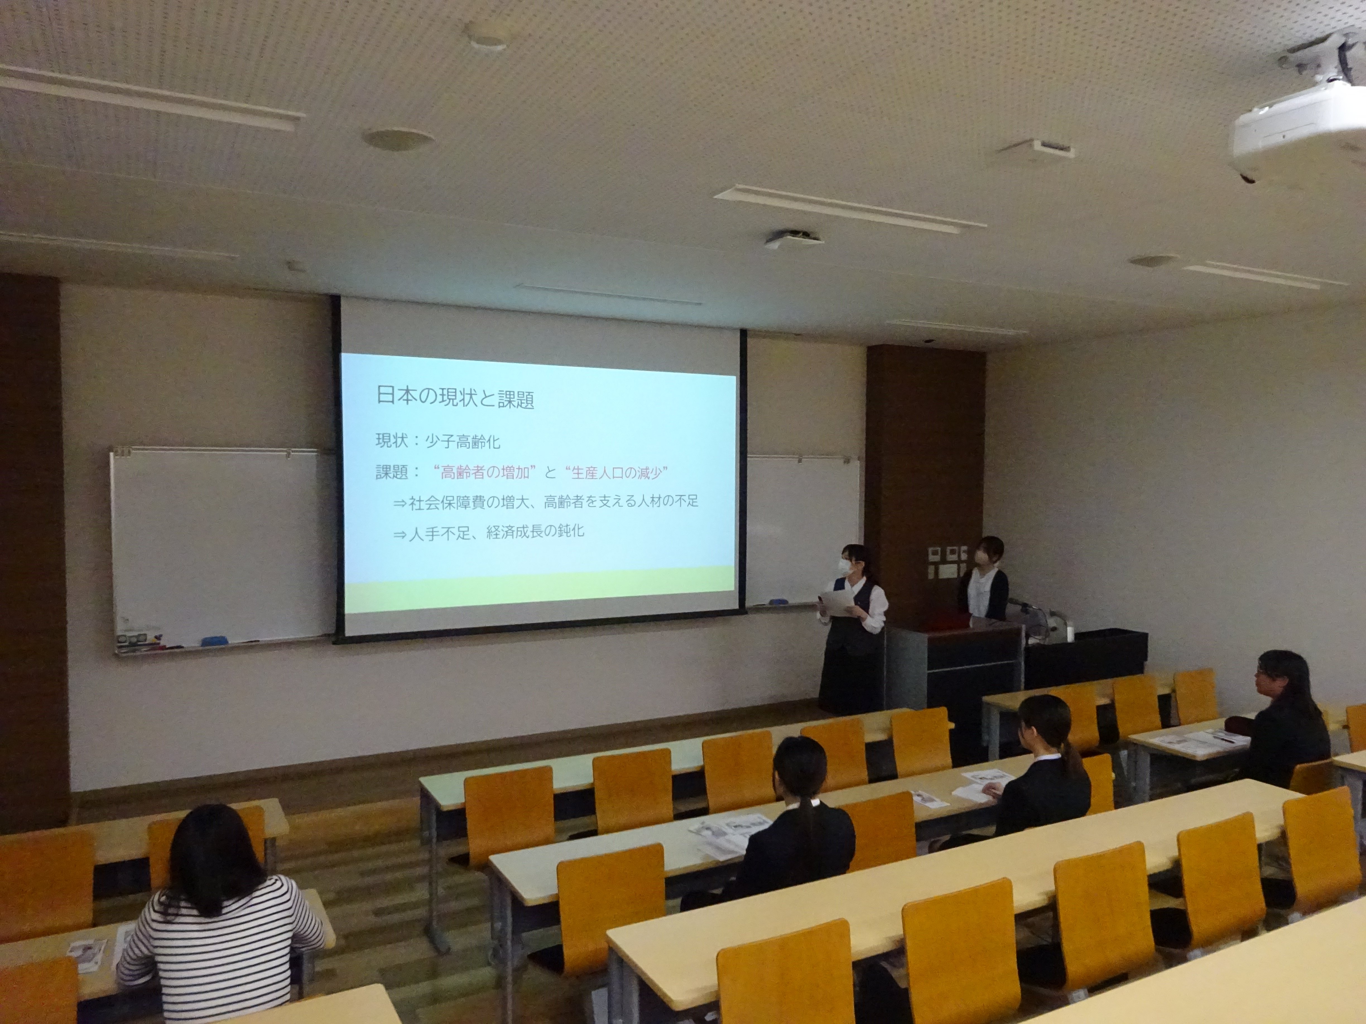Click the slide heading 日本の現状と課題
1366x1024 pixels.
(455, 398)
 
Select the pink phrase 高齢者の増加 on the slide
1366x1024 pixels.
(485, 473)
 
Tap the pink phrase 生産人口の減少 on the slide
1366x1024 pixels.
(617, 473)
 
